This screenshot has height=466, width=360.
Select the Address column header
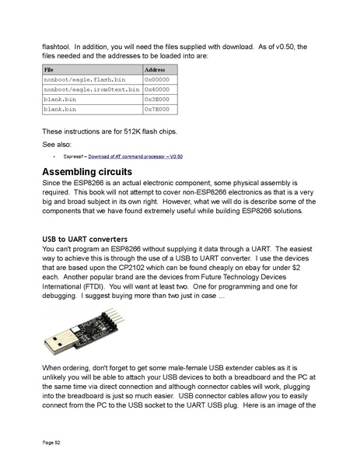[x=156, y=70]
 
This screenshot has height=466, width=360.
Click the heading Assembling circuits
[x=86, y=171]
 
